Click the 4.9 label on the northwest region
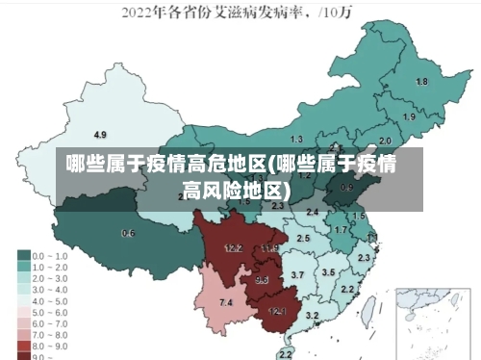(x=100, y=134)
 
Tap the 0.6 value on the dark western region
(x=128, y=233)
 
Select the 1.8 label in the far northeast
(x=421, y=82)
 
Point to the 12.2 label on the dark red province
(x=233, y=247)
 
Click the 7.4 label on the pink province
(x=226, y=302)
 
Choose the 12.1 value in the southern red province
(x=277, y=311)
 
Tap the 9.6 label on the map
(x=262, y=280)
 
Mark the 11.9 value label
(x=269, y=248)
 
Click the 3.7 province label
(x=297, y=275)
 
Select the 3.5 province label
(x=328, y=272)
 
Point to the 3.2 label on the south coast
(x=312, y=315)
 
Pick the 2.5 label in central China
(x=303, y=237)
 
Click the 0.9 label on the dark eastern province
(x=347, y=188)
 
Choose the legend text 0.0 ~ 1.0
(x=50, y=256)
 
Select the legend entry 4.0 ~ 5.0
(x=50, y=299)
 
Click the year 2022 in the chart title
(x=138, y=13)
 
